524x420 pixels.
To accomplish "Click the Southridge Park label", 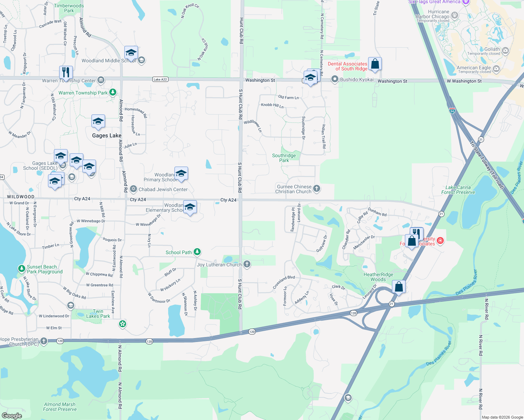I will click(x=284, y=158).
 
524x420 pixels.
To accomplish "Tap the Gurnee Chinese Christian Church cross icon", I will click(x=317, y=189).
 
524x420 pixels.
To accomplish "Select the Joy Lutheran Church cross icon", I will click(x=247, y=264).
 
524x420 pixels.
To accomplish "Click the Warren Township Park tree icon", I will click(x=113, y=92).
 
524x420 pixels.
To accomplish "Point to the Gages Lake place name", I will click(x=106, y=135).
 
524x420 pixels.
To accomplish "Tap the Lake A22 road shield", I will click(x=160, y=79).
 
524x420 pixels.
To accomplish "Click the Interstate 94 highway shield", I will click(x=452, y=111).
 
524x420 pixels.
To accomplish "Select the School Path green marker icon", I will click(x=197, y=252).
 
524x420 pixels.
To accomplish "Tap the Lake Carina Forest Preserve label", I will click(x=458, y=190).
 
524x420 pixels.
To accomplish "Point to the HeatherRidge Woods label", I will click(x=378, y=277).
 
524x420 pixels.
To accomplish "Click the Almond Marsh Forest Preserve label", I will click(x=60, y=407).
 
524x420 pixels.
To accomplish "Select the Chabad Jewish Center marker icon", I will click(x=133, y=189).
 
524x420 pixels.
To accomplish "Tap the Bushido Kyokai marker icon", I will click(x=335, y=79).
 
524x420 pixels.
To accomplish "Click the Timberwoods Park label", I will click(x=69, y=8).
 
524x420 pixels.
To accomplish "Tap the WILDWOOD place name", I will click(x=21, y=197).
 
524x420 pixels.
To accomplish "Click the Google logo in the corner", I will click(x=12, y=415).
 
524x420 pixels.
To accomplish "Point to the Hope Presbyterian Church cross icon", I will click(x=44, y=341).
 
